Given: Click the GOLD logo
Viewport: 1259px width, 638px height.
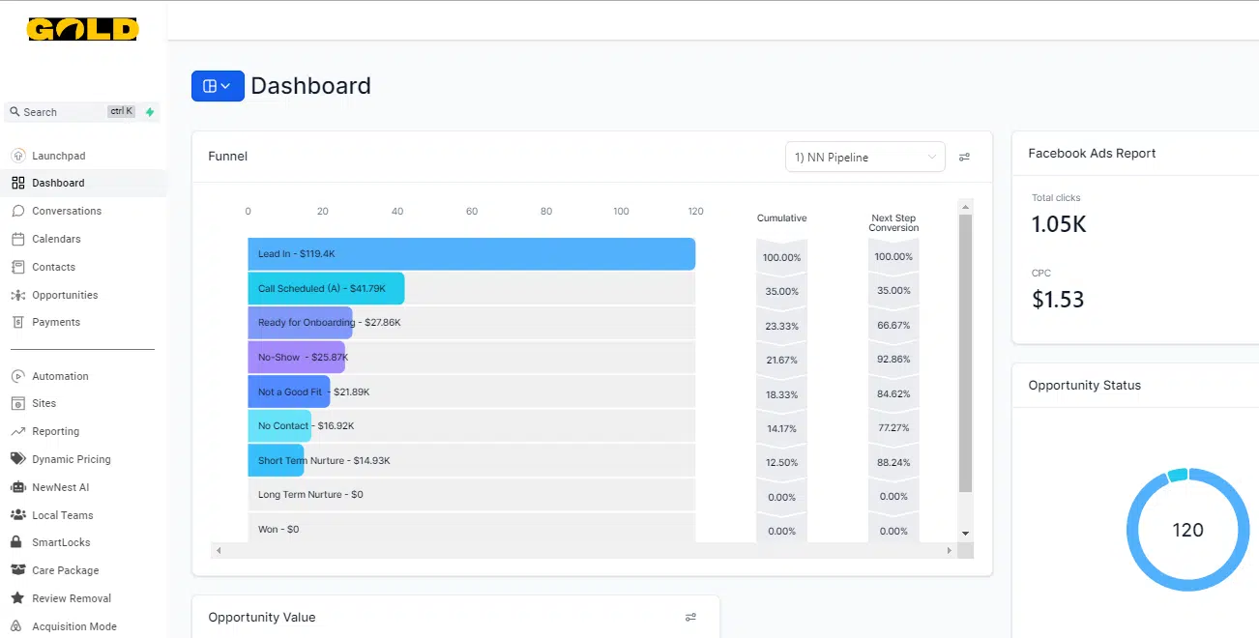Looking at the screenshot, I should (82, 30).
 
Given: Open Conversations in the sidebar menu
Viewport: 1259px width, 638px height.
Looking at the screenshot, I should (66, 211).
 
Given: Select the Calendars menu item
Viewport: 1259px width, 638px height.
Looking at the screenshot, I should (56, 239).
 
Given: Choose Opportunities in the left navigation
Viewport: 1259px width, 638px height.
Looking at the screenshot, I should (65, 295).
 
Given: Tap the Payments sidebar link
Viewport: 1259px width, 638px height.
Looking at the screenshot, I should (56, 322).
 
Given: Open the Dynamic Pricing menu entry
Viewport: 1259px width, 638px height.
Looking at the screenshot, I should (71, 459).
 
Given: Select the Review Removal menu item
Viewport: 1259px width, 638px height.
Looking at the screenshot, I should (71, 598).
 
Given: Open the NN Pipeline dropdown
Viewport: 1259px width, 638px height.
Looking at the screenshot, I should (864, 158).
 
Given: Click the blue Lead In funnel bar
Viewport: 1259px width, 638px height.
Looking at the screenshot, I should (471, 254).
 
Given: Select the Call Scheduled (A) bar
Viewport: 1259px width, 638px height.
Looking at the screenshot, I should (326, 288).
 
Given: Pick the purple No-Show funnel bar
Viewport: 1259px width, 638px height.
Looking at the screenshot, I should (296, 357).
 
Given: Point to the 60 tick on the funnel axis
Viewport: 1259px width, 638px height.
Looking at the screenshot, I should (472, 212).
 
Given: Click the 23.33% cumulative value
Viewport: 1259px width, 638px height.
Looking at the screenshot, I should (781, 326).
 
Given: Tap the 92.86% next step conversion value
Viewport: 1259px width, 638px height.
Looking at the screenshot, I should (893, 360).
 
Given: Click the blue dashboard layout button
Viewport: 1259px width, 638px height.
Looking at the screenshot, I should (218, 86).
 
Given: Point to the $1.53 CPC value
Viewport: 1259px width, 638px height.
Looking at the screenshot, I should (1058, 300).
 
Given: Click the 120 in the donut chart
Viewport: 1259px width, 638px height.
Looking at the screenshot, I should (1187, 530).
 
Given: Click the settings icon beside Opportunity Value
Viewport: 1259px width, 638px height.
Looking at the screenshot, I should (690, 617).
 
